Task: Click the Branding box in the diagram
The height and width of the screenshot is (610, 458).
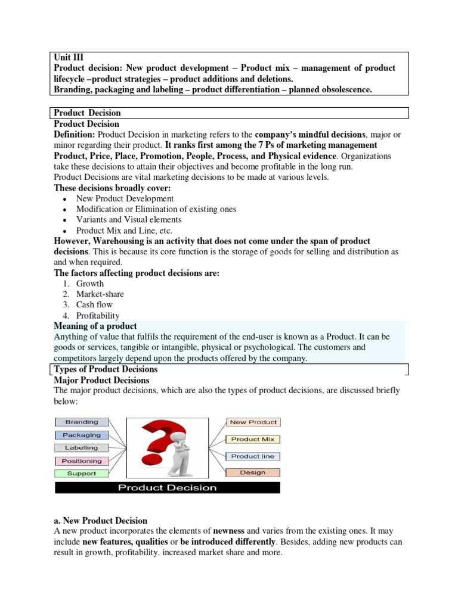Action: point(82,422)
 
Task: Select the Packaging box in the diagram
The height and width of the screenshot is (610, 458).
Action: point(82,435)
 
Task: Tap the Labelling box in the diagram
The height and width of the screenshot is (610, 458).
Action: point(82,448)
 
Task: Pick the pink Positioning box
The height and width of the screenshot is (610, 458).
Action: point(82,461)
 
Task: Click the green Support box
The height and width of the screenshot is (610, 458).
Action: point(82,474)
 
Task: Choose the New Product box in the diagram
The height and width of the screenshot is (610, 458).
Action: point(253,422)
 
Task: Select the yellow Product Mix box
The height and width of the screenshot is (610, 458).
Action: point(253,439)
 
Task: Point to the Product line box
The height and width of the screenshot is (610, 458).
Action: point(253,456)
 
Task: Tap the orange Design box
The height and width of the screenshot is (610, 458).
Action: point(253,472)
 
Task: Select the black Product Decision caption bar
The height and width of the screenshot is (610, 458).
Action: point(168,488)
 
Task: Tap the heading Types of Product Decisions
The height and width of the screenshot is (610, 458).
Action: point(106,369)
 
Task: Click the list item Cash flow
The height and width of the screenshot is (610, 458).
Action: point(94,305)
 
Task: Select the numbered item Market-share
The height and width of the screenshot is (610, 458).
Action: point(100,294)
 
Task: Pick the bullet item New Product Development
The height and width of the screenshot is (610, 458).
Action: point(125,198)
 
